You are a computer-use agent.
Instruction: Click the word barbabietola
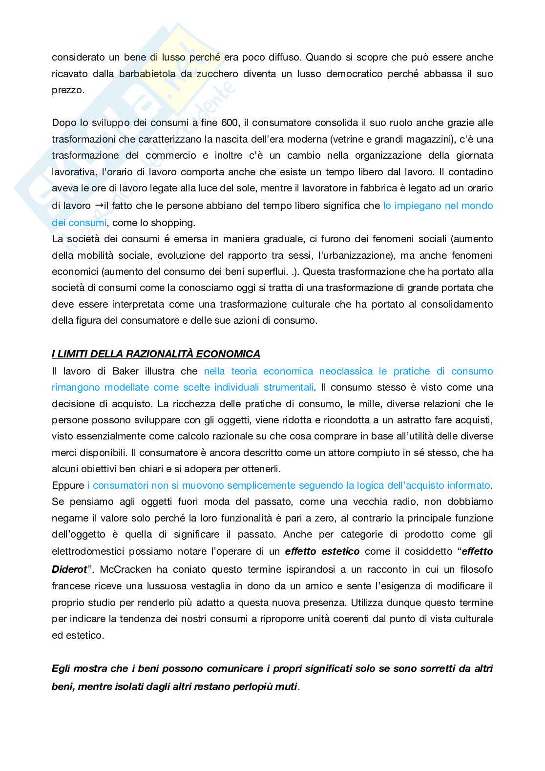pos(142,74)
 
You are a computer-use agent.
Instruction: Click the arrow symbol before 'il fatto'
pos(98,206)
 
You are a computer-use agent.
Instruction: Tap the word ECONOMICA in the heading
pos(227,354)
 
